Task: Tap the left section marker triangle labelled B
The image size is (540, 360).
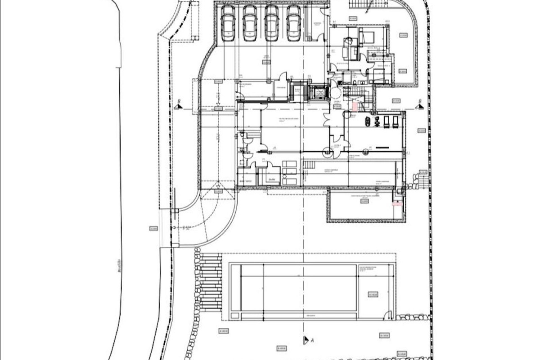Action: point(177,106)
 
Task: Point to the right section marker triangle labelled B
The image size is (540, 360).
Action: point(419,106)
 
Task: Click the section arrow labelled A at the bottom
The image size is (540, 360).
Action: point(306,340)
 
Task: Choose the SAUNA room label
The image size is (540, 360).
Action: point(271,179)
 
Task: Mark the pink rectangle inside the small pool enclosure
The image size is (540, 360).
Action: point(397,204)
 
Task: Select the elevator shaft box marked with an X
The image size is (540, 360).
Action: point(319,93)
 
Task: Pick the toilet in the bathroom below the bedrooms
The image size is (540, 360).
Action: point(355,82)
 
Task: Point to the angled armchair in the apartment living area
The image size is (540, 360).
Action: point(349,41)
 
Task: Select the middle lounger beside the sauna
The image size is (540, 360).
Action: point(290,172)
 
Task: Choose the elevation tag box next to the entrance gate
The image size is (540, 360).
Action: point(153,229)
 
